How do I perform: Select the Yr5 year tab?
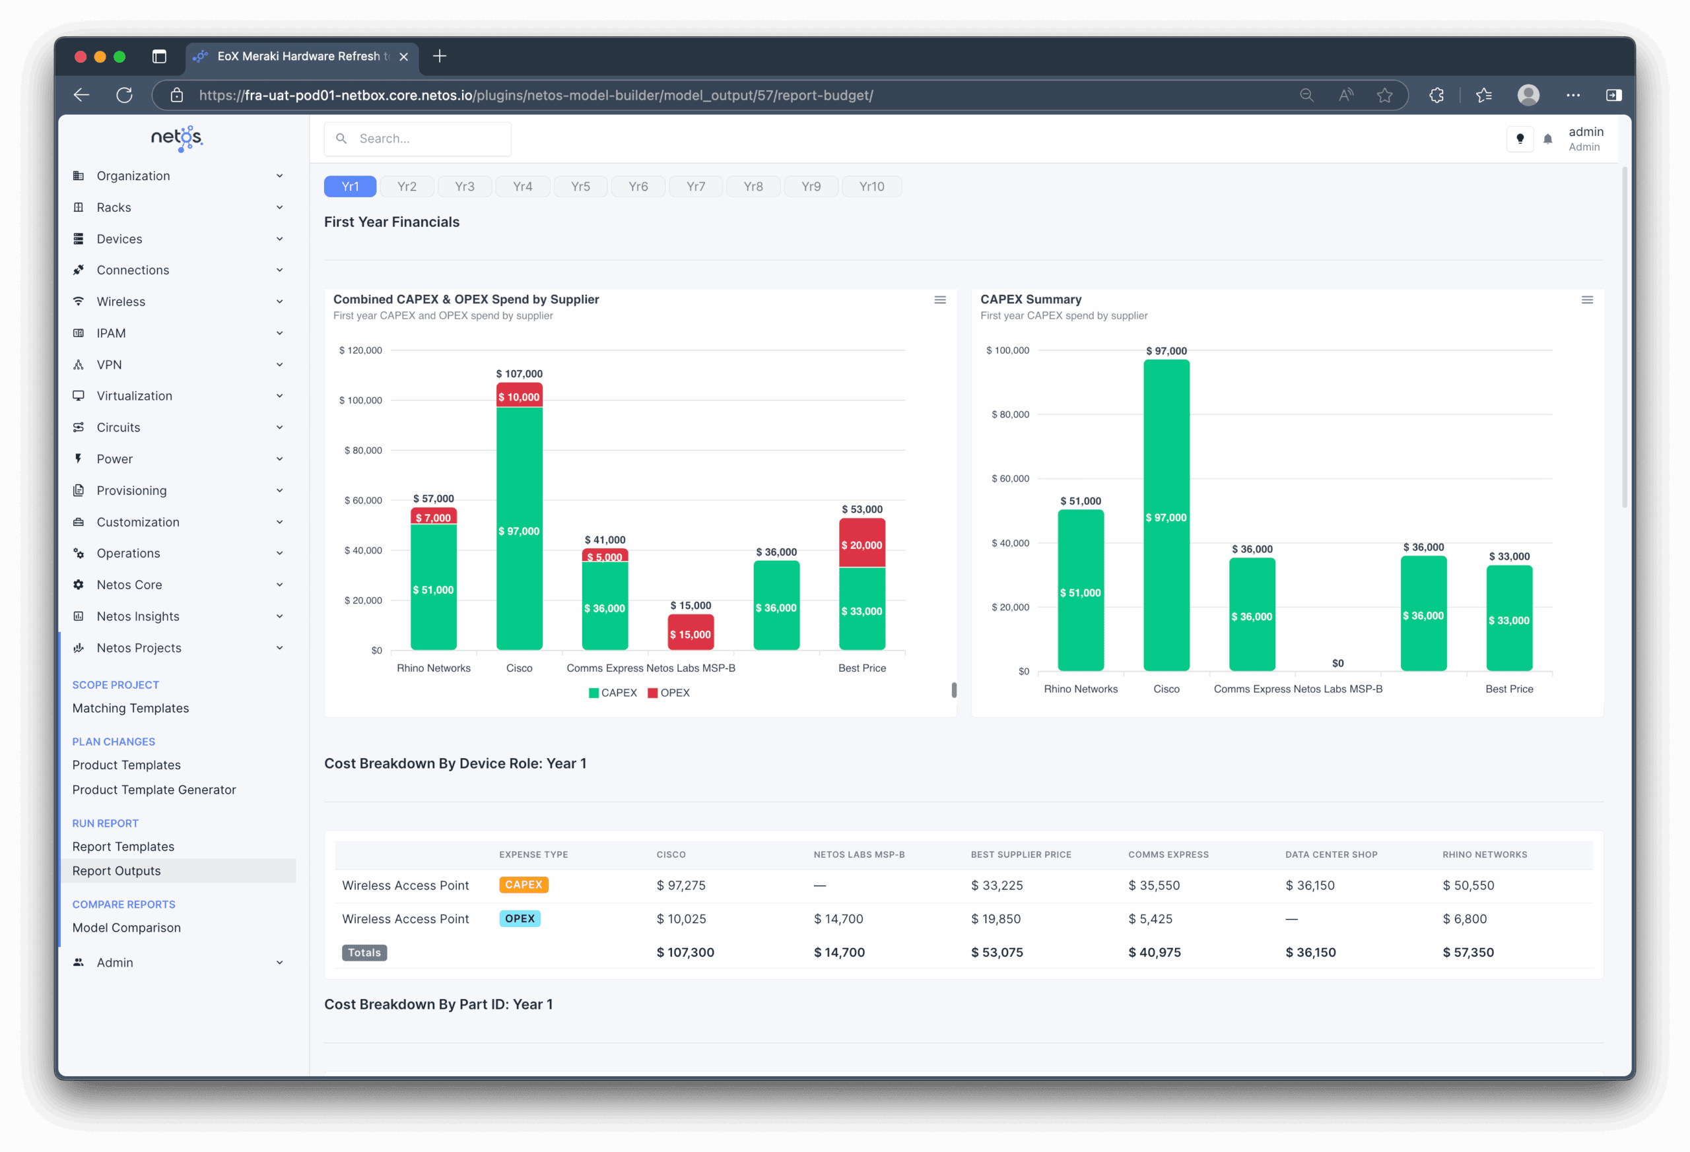pyautogui.click(x=580, y=187)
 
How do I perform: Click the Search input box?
pyautogui.click(x=417, y=139)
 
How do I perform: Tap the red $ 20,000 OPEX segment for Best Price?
pyautogui.click(x=862, y=543)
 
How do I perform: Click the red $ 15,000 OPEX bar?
pyautogui.click(x=690, y=632)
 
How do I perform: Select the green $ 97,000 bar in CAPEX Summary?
pyautogui.click(x=1166, y=515)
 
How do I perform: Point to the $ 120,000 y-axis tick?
pyautogui.click(x=360, y=350)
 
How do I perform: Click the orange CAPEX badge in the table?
pyautogui.click(x=524, y=885)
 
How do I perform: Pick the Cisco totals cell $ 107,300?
pyautogui.click(x=685, y=952)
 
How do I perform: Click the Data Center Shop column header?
pyautogui.click(x=1331, y=854)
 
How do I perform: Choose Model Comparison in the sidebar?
pyautogui.click(x=127, y=928)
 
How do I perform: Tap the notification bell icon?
pyautogui.click(x=1547, y=139)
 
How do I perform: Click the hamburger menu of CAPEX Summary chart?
pyautogui.click(x=1587, y=300)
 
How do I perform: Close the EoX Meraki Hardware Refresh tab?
pyautogui.click(x=403, y=57)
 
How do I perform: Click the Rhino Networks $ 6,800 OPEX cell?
pyautogui.click(x=1465, y=918)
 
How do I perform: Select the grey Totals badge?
pyautogui.click(x=364, y=952)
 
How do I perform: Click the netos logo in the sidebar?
pyautogui.click(x=177, y=137)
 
